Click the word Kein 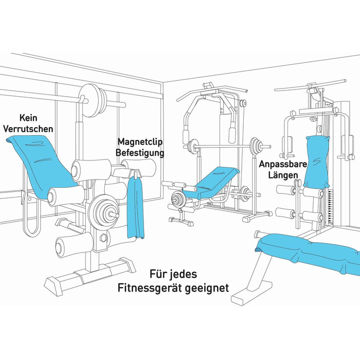click(28, 118)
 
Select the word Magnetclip click(140, 141)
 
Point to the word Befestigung click(140, 153)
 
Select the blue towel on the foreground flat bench click(309, 252)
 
